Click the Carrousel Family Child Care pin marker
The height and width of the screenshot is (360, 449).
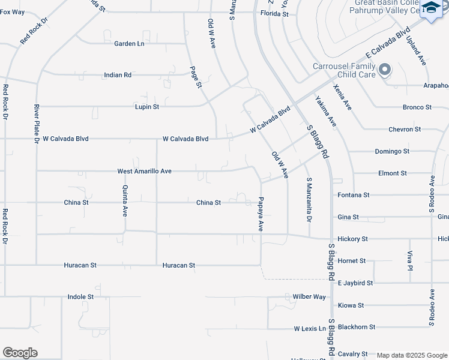pyautogui.click(x=385, y=70)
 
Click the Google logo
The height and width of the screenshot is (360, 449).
pyautogui.click(x=20, y=352)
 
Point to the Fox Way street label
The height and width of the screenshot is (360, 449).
pyautogui.click(x=13, y=12)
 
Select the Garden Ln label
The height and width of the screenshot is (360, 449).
pyautogui.click(x=129, y=43)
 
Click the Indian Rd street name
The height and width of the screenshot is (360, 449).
pyautogui.click(x=118, y=75)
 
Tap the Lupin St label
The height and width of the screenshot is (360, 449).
pyautogui.click(x=147, y=107)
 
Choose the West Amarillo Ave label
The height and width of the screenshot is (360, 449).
pyautogui.click(x=145, y=171)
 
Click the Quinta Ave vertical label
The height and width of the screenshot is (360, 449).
pyautogui.click(x=125, y=201)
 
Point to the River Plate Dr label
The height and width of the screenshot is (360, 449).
pyautogui.click(x=37, y=124)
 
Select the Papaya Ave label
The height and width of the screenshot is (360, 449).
pyautogui.click(x=261, y=214)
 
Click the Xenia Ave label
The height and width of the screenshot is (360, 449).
pyautogui.click(x=343, y=97)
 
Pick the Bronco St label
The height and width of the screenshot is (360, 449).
pyautogui.click(x=418, y=107)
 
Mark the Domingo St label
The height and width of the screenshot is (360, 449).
pyautogui.click(x=392, y=151)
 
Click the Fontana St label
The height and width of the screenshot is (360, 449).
pyautogui.click(x=353, y=195)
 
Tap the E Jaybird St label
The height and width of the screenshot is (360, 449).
pyautogui.click(x=355, y=283)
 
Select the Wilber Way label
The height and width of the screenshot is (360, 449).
pyautogui.click(x=309, y=296)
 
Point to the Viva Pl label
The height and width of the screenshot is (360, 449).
pyautogui.click(x=410, y=262)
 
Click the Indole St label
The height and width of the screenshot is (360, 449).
pyautogui.click(x=80, y=296)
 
